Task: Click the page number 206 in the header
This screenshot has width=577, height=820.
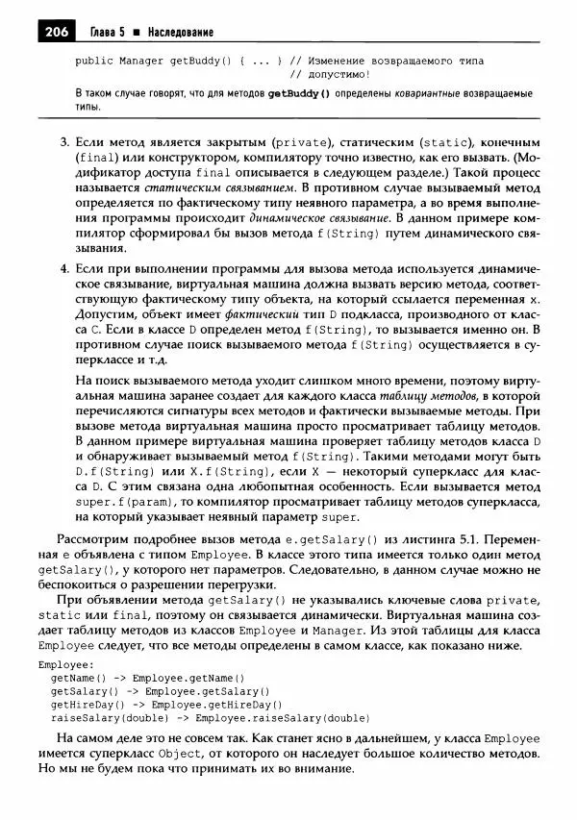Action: [56, 33]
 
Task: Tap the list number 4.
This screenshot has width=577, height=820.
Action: [64, 279]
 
